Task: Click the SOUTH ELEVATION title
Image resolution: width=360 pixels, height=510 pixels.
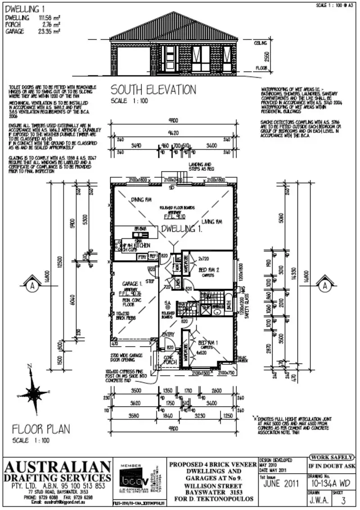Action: [x=153, y=90]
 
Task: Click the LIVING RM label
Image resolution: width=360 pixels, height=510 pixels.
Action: [x=213, y=222]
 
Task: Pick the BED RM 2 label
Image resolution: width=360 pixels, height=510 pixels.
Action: [x=208, y=270]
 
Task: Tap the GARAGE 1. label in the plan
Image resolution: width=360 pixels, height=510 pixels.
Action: [x=132, y=284]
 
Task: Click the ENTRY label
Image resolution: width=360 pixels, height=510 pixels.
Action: [x=168, y=334]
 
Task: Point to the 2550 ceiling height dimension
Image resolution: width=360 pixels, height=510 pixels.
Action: [x=265, y=57]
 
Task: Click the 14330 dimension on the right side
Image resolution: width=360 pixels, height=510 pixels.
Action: [x=295, y=278]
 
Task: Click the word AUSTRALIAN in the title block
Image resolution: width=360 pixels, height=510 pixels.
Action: [x=58, y=466]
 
